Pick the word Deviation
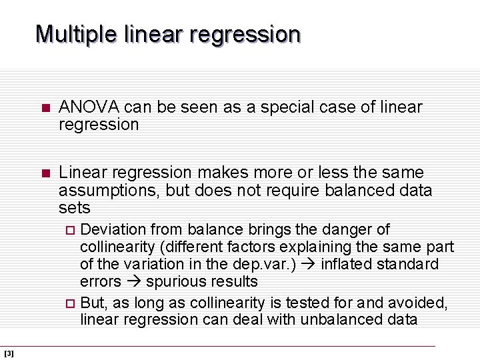coord(113,230)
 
